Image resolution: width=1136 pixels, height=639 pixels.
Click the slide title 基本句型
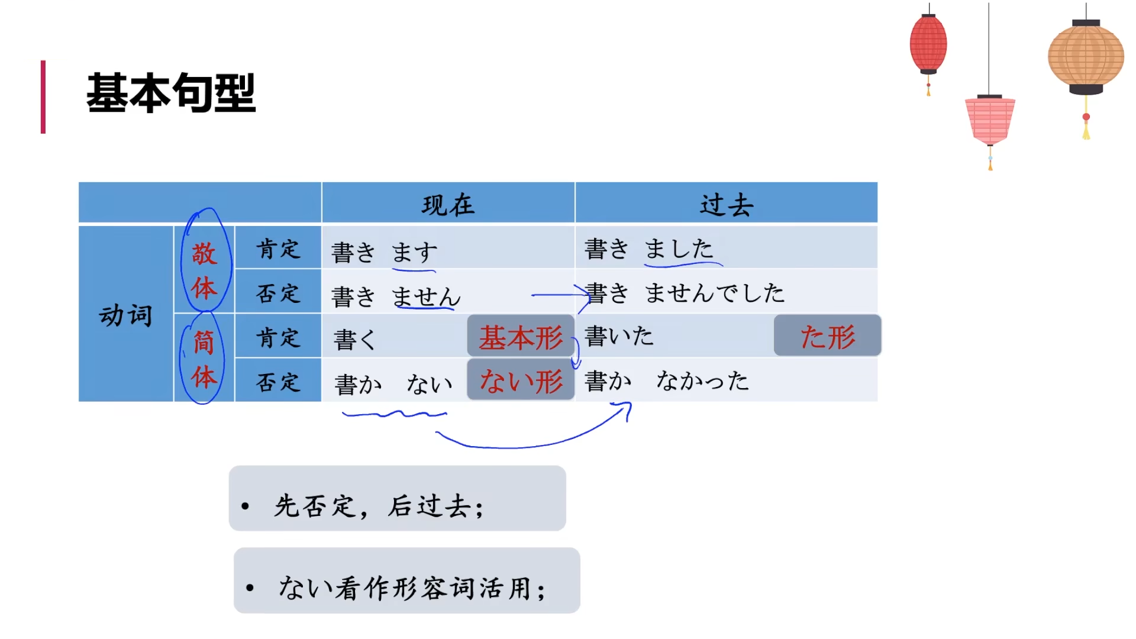tap(171, 93)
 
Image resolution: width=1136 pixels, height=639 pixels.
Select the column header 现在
tap(448, 205)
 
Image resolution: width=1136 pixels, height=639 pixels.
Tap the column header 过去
tap(726, 205)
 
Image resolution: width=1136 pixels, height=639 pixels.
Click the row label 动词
tap(125, 315)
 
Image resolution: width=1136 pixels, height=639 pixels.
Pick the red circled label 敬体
tap(204, 270)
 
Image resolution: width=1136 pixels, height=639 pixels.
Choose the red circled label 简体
tap(204, 359)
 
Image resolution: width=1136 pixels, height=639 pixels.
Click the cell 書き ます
tap(385, 252)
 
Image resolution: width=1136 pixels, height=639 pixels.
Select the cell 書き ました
tap(649, 248)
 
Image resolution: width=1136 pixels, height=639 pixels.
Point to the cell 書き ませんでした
tap(685, 293)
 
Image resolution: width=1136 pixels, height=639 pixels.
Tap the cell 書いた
tap(619, 336)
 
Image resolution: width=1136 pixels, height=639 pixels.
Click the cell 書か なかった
tap(667, 380)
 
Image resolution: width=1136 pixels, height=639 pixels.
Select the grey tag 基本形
tap(521, 337)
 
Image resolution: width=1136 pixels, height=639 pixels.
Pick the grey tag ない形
tap(521, 380)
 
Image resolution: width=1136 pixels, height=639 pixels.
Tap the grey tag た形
tap(827, 337)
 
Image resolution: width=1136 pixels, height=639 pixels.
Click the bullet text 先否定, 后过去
tap(379, 506)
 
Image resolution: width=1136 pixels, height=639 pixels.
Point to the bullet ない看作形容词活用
tap(412, 588)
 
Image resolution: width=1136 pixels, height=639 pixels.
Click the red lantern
tap(928, 45)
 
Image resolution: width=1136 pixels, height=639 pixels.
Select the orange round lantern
tap(1086, 57)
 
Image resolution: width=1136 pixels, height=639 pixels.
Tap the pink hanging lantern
tap(990, 120)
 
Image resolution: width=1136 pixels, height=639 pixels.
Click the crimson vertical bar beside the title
tap(43, 96)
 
